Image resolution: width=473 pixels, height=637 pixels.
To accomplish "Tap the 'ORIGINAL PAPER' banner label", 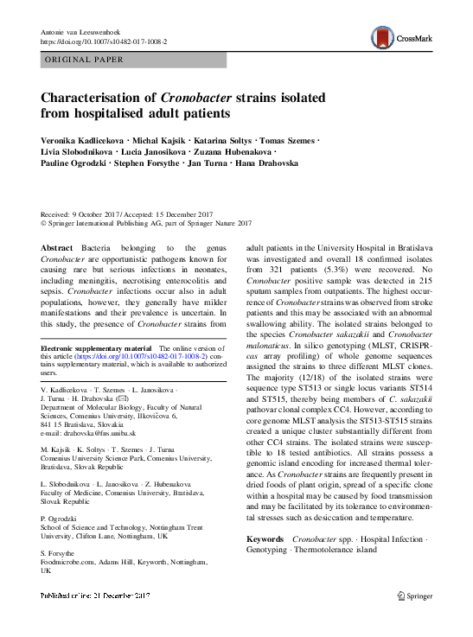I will pos(85,60).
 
